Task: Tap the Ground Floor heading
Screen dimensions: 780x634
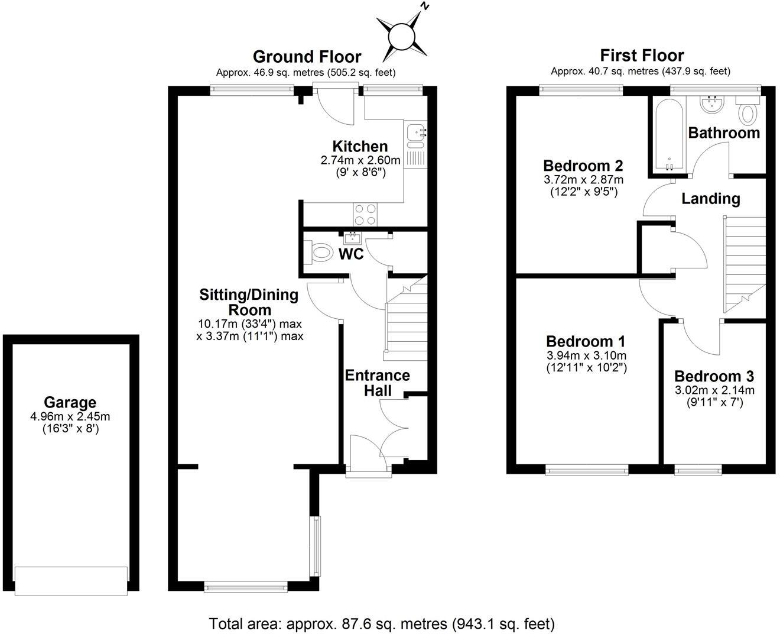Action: pos(307,57)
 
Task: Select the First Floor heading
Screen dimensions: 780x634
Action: pos(642,56)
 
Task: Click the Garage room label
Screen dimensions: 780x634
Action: pos(70,403)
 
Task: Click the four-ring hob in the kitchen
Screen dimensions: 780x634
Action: pos(365,214)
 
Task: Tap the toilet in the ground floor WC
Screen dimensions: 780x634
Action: pos(319,253)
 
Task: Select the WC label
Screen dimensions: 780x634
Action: pos(351,254)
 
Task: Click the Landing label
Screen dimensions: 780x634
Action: pos(711,199)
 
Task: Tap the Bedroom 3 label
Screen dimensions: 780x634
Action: pos(714,376)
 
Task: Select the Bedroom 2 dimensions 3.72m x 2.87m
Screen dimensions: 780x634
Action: pos(583,179)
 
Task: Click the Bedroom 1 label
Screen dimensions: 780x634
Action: pos(586,341)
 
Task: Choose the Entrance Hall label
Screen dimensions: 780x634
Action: pos(377,383)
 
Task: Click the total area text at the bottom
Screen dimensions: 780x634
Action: pos(382,623)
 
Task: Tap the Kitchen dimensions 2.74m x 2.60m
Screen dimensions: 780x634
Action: pos(360,160)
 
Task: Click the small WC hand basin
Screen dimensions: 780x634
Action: pos(353,238)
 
